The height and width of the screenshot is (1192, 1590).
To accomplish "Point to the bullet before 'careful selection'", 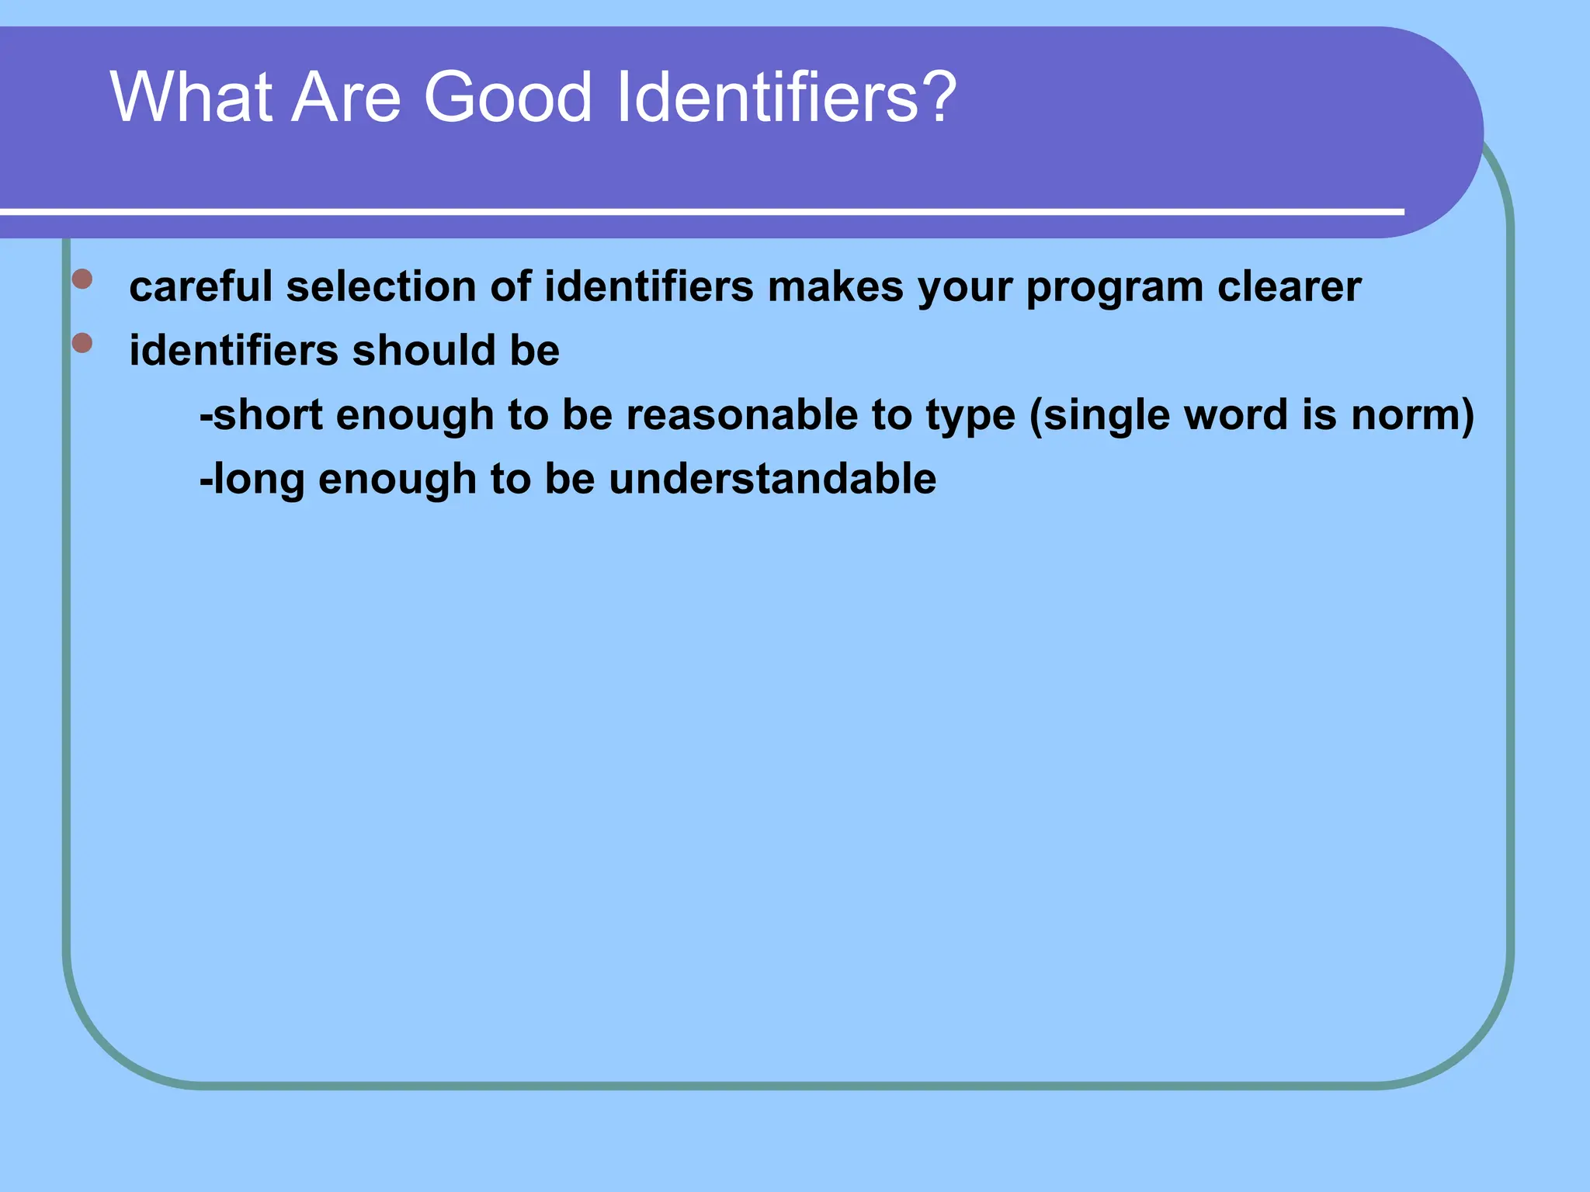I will [x=82, y=279].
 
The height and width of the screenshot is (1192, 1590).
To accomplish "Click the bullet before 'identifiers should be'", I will [x=82, y=342].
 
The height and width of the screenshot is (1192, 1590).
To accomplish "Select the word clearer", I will [x=1289, y=286].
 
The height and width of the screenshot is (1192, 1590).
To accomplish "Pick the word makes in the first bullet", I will [x=835, y=286].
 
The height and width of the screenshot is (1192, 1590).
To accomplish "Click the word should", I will [x=424, y=350].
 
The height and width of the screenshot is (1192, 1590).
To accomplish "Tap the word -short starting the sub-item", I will [x=261, y=414].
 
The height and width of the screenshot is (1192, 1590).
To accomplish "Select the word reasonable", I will [x=742, y=414].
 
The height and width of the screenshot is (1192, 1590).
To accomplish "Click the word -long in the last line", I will [x=252, y=480].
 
